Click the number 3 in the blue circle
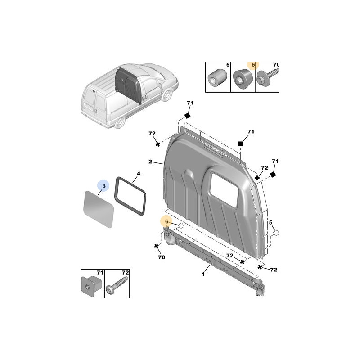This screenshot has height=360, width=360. (104, 186)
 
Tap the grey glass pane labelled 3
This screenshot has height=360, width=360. (99, 209)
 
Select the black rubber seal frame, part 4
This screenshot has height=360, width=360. (130, 196)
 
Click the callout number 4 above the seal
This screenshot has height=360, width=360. (139, 174)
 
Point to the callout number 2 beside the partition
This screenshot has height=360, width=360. (150, 162)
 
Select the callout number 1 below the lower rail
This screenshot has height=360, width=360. (203, 274)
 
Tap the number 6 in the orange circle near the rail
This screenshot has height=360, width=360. (167, 221)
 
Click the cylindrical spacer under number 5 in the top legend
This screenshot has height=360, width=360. (217, 78)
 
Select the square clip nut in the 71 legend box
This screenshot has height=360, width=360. (91, 287)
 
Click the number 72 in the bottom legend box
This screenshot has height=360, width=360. (125, 273)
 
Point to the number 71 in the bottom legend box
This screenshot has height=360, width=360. (99, 273)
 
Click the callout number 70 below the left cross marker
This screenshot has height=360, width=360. (162, 257)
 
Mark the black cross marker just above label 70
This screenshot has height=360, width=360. (156, 246)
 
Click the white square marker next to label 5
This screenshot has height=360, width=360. (276, 233)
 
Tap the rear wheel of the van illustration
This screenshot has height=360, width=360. (120, 122)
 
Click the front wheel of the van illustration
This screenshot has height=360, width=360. (167, 95)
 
